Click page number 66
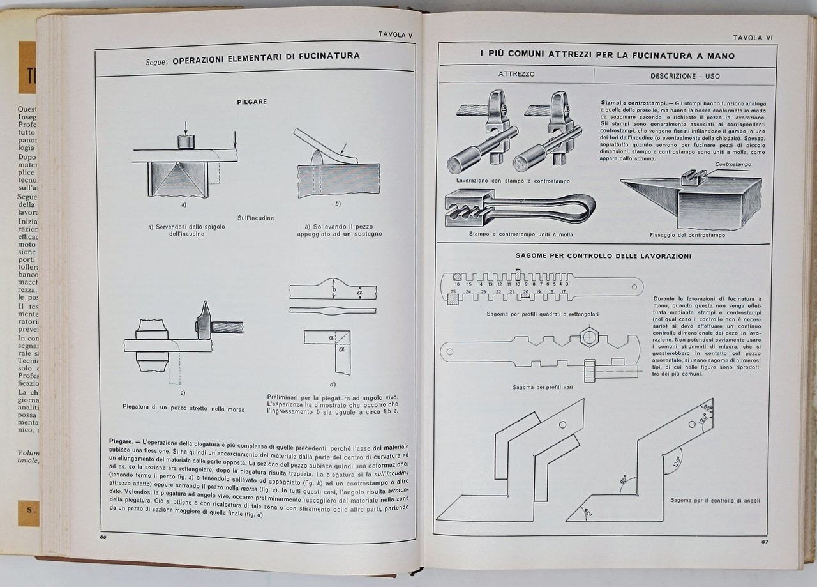(x=103, y=537)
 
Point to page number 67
(x=764, y=542)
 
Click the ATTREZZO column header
(x=516, y=74)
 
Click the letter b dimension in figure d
(x=333, y=291)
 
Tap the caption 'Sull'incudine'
(x=255, y=218)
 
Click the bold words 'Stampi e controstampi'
(x=630, y=103)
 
